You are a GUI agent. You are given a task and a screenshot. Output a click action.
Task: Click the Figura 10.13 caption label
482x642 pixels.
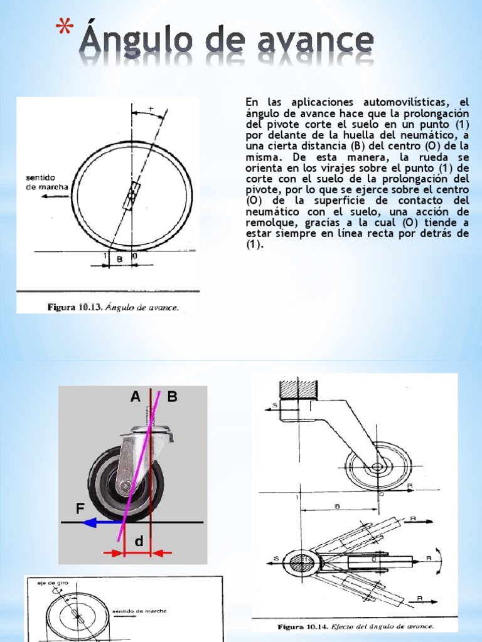(x=70, y=307)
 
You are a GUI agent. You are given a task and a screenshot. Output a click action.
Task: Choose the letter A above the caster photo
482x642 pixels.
(x=135, y=396)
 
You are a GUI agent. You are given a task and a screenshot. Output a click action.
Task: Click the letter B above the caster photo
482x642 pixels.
(x=173, y=396)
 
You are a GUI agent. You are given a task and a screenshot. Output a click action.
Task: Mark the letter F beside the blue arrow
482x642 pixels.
(x=80, y=509)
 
